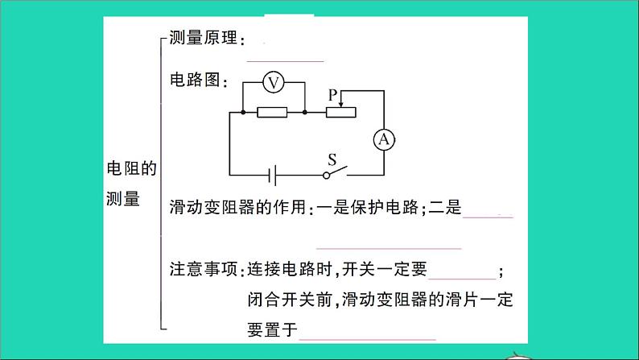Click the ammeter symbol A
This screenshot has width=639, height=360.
coord(384,139)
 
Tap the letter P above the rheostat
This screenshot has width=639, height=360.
coord(332,95)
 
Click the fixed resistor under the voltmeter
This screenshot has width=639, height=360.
coord(273,113)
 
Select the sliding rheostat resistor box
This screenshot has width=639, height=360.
coord(341,113)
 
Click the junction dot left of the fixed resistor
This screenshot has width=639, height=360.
coord(243,113)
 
